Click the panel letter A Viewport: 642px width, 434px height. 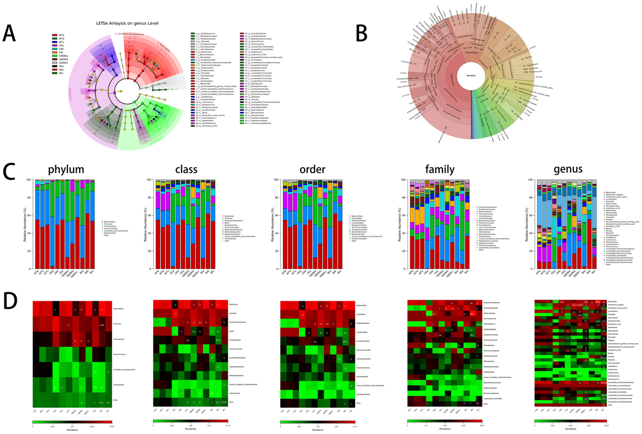[9, 33]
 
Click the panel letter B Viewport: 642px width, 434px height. [361, 33]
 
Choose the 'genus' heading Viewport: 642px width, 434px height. [568, 169]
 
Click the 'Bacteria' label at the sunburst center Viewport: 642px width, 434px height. [471, 75]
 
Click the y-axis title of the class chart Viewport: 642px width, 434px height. [145, 224]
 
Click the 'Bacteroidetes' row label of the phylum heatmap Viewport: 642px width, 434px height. [118, 309]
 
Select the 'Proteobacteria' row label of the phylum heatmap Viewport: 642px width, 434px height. [118, 339]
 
